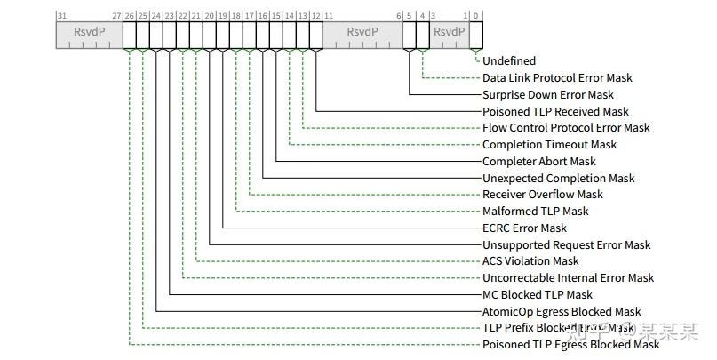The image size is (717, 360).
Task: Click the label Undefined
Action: point(509,61)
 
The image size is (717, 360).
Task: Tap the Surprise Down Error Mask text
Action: point(547,95)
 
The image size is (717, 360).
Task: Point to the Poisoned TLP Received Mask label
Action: point(555,112)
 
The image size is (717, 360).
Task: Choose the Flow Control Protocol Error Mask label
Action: point(565,128)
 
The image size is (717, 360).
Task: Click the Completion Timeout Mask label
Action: point(549,145)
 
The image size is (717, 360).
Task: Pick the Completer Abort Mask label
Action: point(539,162)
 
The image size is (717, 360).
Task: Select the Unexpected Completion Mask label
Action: point(558,179)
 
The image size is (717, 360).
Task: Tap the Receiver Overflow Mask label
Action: point(542,195)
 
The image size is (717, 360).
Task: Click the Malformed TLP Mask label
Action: point(535,212)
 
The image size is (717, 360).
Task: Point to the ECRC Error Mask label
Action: point(524,228)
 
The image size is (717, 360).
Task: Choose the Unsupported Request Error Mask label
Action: point(566,245)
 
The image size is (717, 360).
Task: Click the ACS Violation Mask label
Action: point(530,261)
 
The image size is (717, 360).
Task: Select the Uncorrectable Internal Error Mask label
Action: point(568,278)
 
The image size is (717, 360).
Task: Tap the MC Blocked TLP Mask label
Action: point(537,295)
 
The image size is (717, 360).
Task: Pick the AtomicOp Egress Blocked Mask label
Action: point(562,312)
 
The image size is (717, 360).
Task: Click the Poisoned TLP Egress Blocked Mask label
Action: point(570,345)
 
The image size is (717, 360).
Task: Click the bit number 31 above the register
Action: point(61,16)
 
